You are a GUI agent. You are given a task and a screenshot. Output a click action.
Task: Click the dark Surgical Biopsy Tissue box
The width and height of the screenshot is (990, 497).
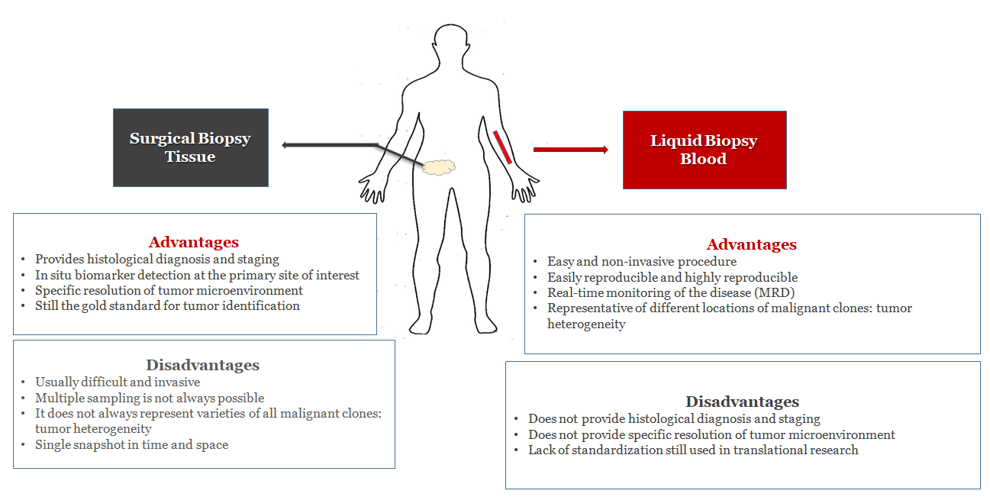click(191, 147)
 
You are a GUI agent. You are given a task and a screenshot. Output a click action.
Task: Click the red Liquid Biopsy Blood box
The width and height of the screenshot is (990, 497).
click(705, 150)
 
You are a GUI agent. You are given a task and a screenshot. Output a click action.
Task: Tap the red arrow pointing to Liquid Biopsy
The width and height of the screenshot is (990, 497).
click(571, 150)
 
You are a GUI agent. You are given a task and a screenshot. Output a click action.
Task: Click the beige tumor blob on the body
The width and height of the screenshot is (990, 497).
click(438, 167)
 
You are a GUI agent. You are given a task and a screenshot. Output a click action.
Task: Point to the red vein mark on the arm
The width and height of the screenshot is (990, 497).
click(502, 147)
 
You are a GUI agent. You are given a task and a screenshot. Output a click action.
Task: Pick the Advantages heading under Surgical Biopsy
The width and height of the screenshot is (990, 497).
click(194, 242)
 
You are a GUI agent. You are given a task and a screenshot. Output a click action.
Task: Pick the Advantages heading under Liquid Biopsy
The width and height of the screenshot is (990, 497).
click(751, 244)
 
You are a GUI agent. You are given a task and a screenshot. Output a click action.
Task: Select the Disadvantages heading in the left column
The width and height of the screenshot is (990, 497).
click(203, 365)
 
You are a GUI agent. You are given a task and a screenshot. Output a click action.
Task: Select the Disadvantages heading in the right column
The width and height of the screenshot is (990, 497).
click(742, 402)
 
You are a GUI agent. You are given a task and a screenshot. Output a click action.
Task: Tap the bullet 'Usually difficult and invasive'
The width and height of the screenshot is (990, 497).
click(118, 382)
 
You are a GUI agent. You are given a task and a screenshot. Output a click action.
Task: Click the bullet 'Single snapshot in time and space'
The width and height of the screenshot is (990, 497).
click(132, 445)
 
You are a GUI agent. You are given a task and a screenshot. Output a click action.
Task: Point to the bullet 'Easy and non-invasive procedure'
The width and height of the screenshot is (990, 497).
click(642, 261)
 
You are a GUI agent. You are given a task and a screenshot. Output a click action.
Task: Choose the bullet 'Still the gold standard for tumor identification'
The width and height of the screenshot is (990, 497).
click(167, 306)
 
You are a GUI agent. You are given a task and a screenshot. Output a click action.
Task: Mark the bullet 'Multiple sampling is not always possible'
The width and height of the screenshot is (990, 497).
click(150, 398)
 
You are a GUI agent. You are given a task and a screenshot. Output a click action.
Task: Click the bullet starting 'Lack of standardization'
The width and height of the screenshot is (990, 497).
click(693, 450)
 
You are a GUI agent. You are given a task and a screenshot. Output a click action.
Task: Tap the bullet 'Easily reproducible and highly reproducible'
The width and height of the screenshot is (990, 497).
click(672, 277)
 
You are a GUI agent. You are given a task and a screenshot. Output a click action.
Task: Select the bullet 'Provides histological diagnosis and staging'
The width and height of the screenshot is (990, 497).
click(157, 259)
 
